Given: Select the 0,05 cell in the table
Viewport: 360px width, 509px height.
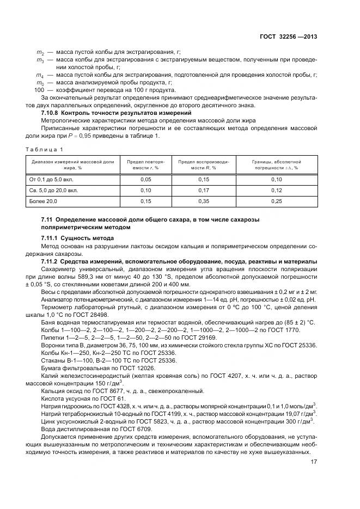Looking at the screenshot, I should coord(145,179).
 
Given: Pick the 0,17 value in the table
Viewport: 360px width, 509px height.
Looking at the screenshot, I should coord(204,191).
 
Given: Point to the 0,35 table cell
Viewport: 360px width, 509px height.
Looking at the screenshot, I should coord(204,201).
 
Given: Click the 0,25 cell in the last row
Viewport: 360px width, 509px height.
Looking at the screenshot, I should coord(277,201).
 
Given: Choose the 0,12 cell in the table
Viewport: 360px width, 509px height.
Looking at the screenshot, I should coord(277,191).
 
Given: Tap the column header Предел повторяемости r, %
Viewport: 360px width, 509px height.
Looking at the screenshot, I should coord(145,165).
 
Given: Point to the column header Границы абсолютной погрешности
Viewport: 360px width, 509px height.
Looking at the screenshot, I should coord(277,165).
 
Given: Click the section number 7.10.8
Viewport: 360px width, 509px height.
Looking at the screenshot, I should coord(52,112).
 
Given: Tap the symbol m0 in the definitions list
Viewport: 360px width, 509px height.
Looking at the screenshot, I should coord(40,82).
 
